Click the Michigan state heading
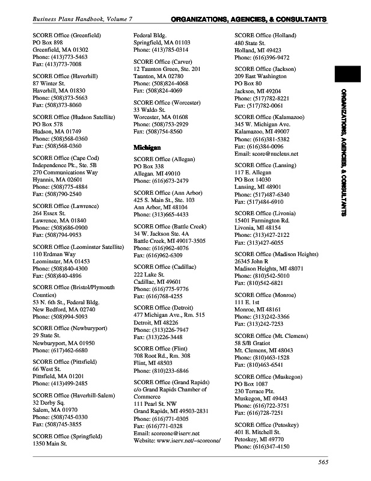147,147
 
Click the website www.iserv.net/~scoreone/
177,441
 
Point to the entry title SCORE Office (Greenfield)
67,36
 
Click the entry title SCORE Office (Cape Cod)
66,158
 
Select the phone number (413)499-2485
60,383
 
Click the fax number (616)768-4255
158,296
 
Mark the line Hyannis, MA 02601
58,180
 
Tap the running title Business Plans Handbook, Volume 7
82,20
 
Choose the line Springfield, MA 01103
162,43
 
